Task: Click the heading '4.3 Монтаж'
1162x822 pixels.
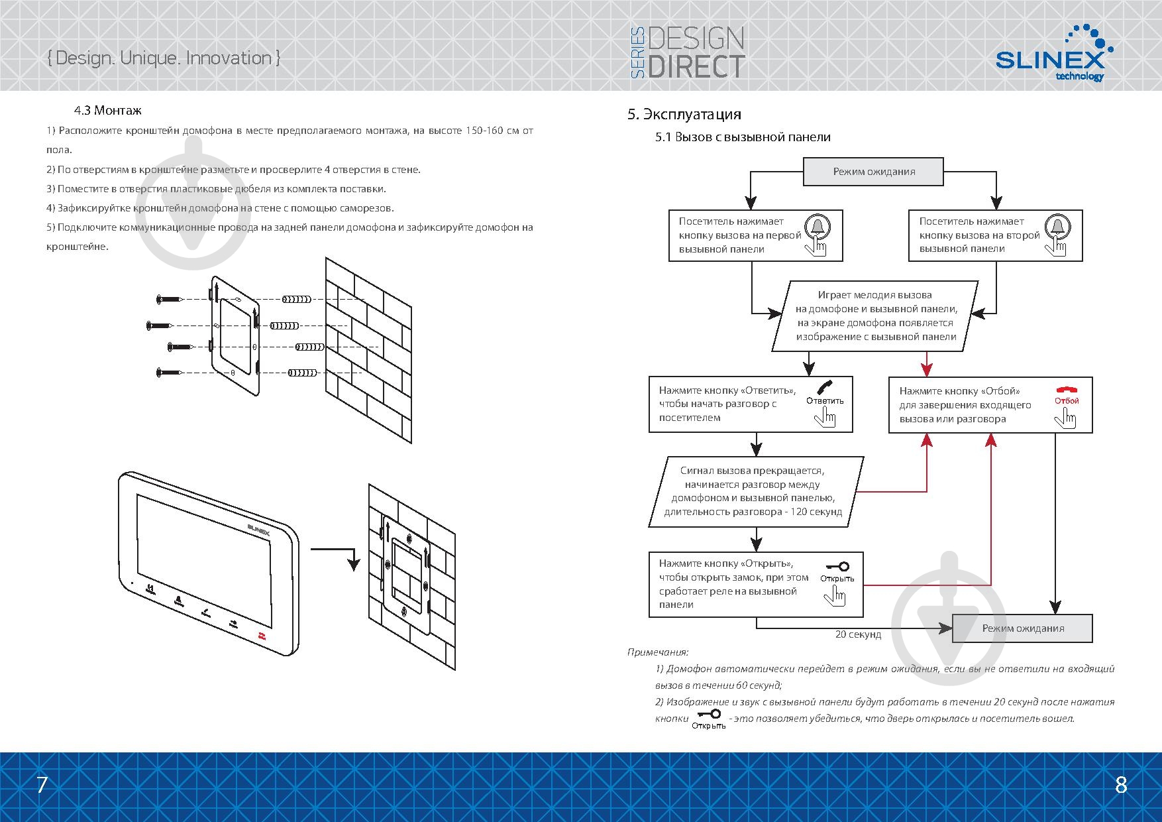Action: [108, 110]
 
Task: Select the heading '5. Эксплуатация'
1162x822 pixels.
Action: [684, 114]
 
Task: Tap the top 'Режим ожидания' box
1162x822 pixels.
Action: [874, 172]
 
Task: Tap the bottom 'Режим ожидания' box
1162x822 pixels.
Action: [1022, 628]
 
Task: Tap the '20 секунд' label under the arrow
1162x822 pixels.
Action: [858, 634]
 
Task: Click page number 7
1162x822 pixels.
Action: [42, 785]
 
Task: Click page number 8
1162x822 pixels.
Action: [1121, 785]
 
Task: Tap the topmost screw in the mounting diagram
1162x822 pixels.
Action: [170, 300]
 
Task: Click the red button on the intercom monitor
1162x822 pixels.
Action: [260, 636]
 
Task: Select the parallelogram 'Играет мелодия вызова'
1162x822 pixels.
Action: [875, 316]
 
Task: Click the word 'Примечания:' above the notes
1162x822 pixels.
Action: [658, 652]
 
